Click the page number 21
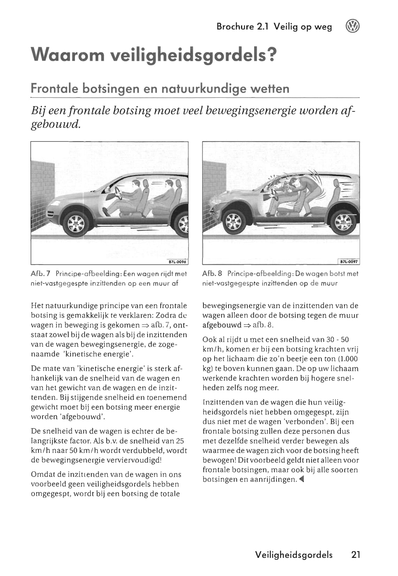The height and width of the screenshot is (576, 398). pyautogui.click(x=355, y=555)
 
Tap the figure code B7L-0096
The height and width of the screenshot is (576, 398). pyautogui.click(x=178, y=262)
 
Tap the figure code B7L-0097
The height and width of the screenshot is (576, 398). pyautogui.click(x=349, y=262)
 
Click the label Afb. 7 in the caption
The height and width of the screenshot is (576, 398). pyautogui.click(x=41, y=274)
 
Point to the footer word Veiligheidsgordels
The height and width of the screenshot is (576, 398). pyautogui.click(x=294, y=555)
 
